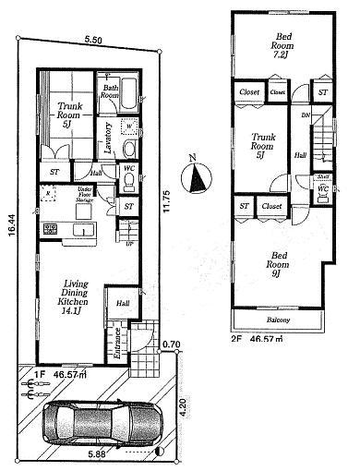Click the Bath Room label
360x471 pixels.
(110, 91)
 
